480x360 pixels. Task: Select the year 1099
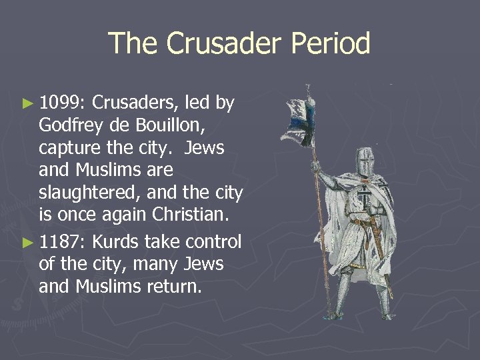click(x=60, y=103)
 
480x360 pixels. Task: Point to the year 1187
click(x=60, y=241)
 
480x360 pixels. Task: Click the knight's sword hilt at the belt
click(x=364, y=224)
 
